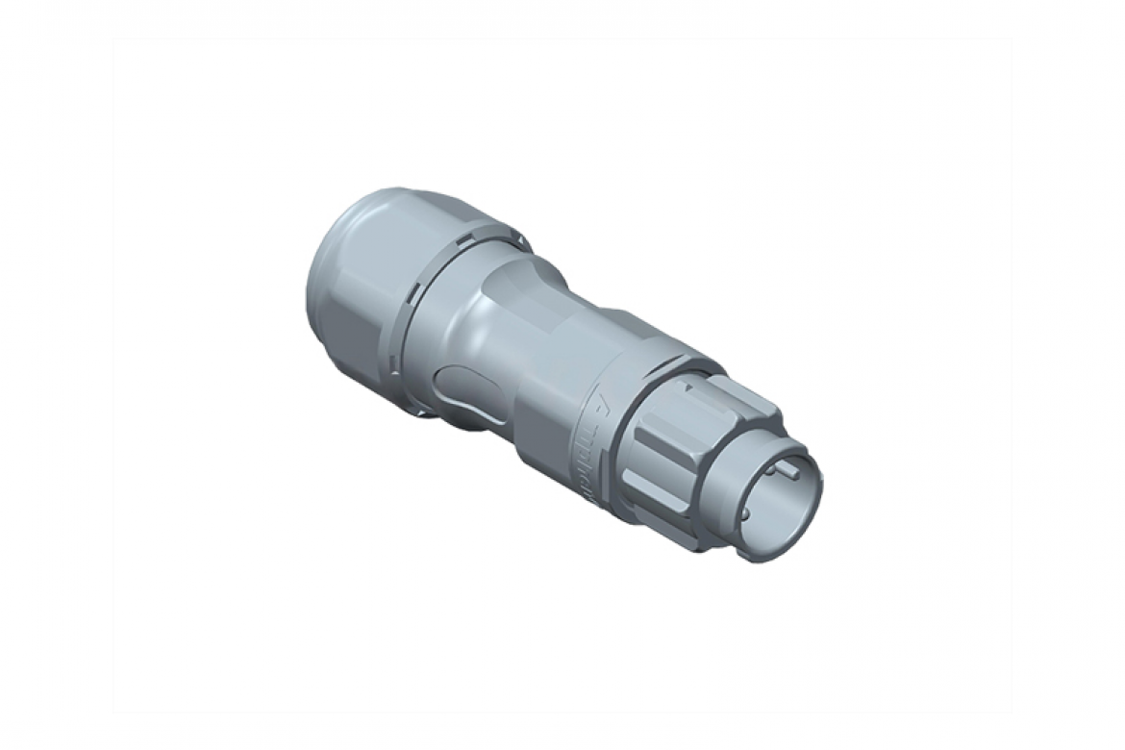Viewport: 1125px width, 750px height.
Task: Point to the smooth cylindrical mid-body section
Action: coord(538,365)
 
